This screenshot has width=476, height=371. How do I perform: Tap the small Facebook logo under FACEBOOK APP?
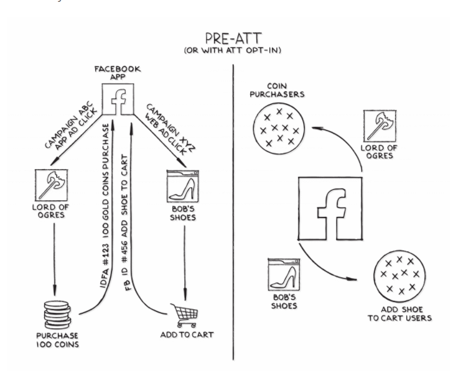(118, 99)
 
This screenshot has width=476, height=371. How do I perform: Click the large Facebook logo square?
(330, 209)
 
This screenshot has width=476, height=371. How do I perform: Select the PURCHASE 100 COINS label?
(58, 339)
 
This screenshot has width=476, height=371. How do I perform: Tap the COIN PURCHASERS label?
(276, 91)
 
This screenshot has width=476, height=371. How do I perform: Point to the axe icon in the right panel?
(380, 127)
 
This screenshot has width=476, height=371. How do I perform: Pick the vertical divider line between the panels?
(233, 211)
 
